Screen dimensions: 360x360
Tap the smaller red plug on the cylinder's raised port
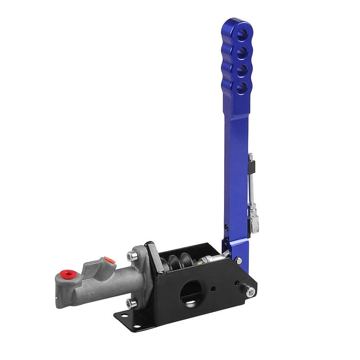pyautogui.click(x=108, y=260)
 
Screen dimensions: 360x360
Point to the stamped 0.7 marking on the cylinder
pyautogui.click(x=90, y=296)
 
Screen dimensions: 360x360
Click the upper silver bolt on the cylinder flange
pyautogui.click(x=131, y=256)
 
